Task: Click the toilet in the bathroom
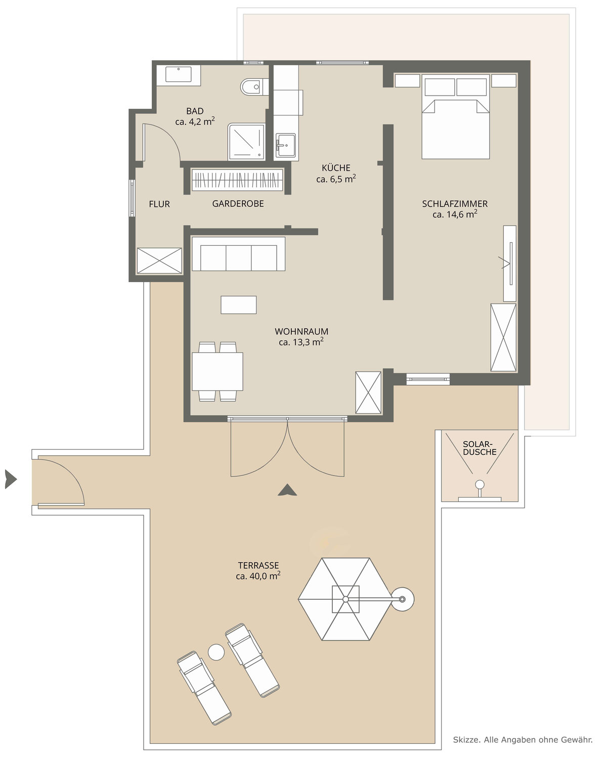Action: pyautogui.click(x=254, y=86)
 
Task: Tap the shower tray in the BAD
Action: pyautogui.click(x=246, y=142)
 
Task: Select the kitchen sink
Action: pyautogui.click(x=285, y=145)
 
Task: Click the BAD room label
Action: pyautogui.click(x=195, y=111)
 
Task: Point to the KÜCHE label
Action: pyautogui.click(x=336, y=168)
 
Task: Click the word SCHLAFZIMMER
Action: pyautogui.click(x=455, y=204)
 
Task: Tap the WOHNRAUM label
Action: pyautogui.click(x=301, y=331)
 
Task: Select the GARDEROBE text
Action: pyautogui.click(x=238, y=204)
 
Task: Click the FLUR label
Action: pyautogui.click(x=159, y=204)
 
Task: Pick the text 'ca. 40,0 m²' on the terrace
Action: pyautogui.click(x=258, y=576)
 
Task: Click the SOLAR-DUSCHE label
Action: pyautogui.click(x=480, y=448)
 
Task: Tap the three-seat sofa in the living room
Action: pyautogui.click(x=238, y=254)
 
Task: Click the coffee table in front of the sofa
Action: pyautogui.click(x=239, y=304)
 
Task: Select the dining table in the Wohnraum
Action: pyautogui.click(x=218, y=372)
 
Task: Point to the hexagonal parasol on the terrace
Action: pyautogui.click(x=345, y=599)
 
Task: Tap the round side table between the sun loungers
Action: pyautogui.click(x=216, y=652)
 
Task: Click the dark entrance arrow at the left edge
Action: pyautogui.click(x=11, y=479)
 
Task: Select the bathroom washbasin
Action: pyautogui.click(x=179, y=74)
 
